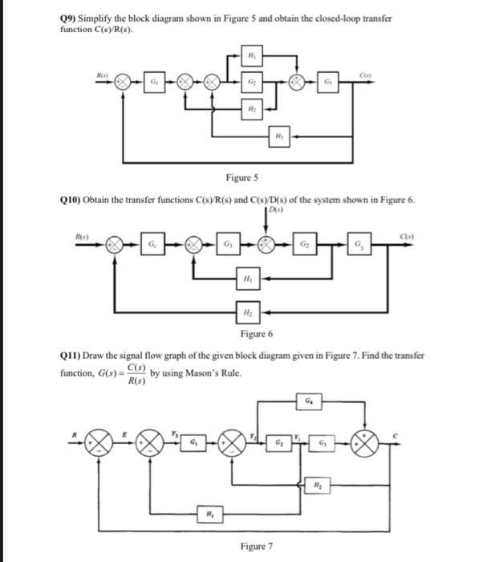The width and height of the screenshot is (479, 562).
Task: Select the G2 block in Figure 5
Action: point(251,83)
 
